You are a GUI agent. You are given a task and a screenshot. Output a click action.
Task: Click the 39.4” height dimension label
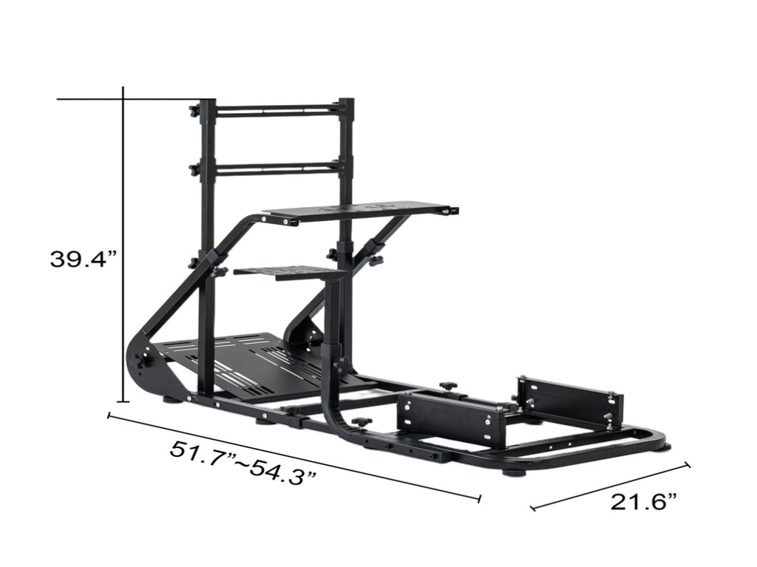(84, 259)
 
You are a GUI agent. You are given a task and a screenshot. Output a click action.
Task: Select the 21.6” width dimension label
(644, 502)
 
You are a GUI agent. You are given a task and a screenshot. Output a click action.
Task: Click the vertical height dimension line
(123, 244)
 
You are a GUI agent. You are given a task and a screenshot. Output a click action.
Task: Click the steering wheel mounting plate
(361, 211)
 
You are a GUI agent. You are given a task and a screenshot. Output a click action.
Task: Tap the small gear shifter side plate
(289, 272)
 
